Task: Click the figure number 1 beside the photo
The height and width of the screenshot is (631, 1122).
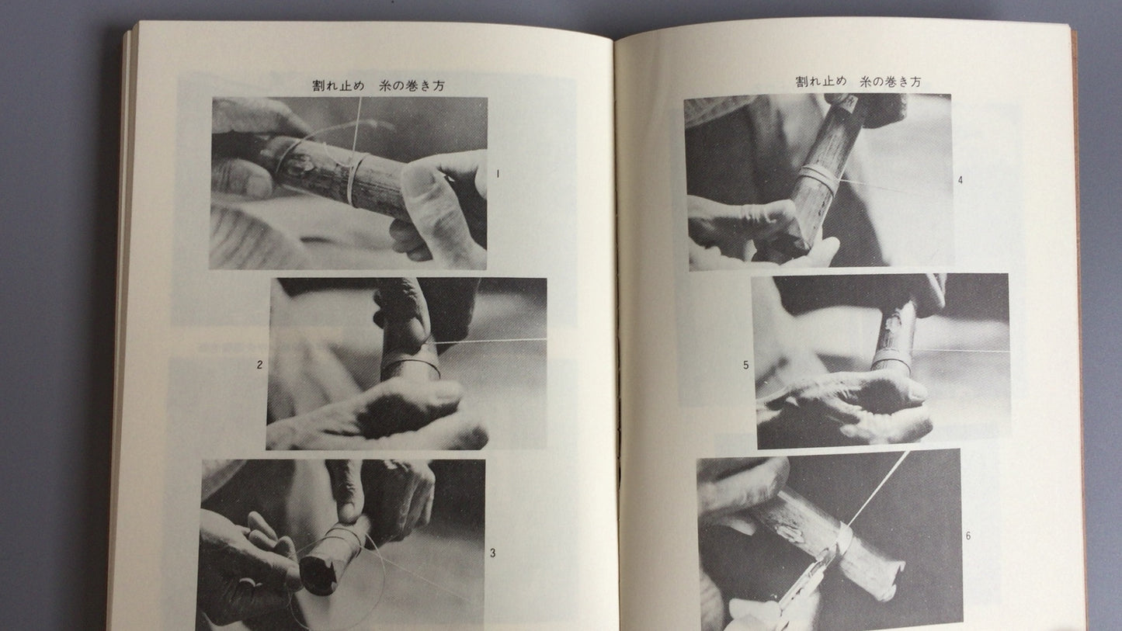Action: [x=498, y=174]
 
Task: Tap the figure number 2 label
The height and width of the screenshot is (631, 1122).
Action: [x=259, y=365]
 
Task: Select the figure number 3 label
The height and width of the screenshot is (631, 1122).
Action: [x=493, y=553]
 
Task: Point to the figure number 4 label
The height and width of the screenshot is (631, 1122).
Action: [x=960, y=180]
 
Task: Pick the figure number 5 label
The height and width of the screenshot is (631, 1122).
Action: [x=746, y=366]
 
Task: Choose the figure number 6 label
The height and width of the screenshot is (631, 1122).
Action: [x=968, y=536]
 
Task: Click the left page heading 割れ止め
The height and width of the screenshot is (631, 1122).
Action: [x=339, y=85]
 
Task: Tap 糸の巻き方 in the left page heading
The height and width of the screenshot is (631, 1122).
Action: [x=412, y=85]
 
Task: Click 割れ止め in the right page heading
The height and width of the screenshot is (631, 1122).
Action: [x=822, y=81]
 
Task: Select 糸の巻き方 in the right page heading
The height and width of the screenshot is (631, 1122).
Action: [x=891, y=81]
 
